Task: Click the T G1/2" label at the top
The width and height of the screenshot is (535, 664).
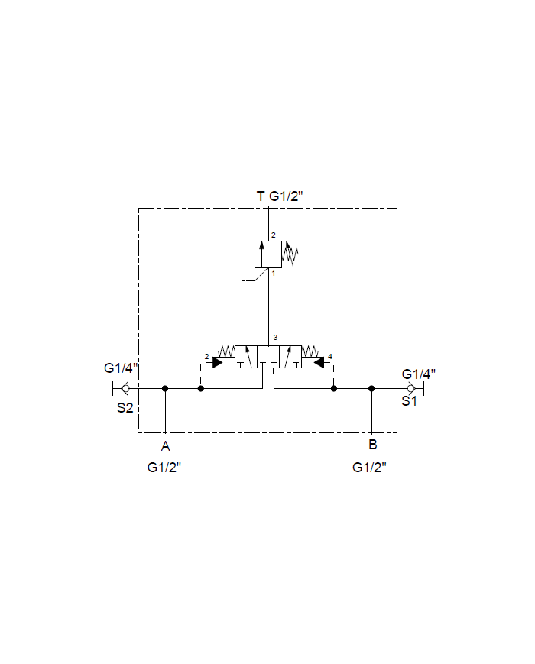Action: [x=280, y=196]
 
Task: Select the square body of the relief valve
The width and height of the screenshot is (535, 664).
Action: [x=268, y=254]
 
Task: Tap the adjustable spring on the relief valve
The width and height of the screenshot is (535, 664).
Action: [x=290, y=254]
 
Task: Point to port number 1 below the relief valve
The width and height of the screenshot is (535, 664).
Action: [x=274, y=274]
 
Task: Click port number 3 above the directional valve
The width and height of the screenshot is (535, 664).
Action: [x=275, y=338]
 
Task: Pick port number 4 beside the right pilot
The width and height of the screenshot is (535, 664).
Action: [x=330, y=357]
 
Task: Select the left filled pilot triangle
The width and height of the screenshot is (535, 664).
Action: [x=218, y=363]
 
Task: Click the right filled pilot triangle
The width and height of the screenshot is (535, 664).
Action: [x=319, y=363]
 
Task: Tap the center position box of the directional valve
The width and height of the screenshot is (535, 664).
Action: [x=268, y=357]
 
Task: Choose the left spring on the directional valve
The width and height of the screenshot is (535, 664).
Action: [x=225, y=351]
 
